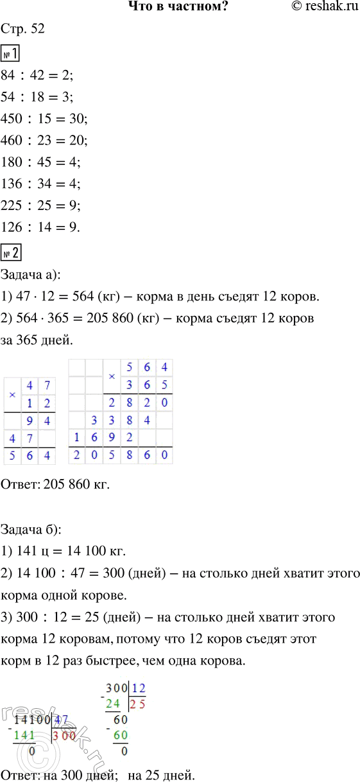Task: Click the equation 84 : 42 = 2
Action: click(38, 75)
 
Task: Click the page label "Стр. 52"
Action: click(24, 30)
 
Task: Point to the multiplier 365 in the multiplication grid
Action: click(148, 385)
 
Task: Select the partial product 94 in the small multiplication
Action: click(39, 421)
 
